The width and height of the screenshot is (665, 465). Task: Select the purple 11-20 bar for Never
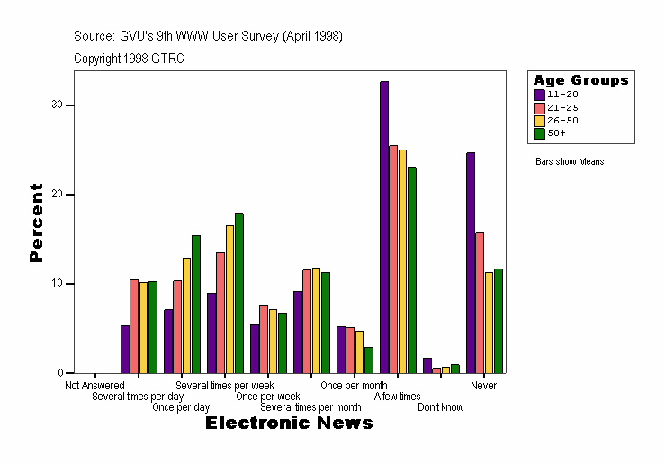pyautogui.click(x=471, y=262)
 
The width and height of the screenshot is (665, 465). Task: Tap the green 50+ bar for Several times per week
pyautogui.click(x=238, y=293)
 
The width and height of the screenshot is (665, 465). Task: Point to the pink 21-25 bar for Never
pyautogui.click(x=480, y=303)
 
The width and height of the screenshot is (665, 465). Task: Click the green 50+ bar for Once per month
pyautogui.click(x=368, y=360)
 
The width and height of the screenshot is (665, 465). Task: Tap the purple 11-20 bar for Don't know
pyautogui.click(x=427, y=365)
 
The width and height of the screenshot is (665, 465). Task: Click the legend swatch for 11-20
pyautogui.click(x=539, y=94)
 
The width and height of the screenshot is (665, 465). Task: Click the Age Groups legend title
pyautogui.click(x=580, y=80)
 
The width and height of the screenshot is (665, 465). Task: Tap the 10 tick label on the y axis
pyautogui.click(x=57, y=284)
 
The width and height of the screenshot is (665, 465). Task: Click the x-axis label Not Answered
pyautogui.click(x=94, y=386)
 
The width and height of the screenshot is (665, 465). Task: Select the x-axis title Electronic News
pyautogui.click(x=289, y=424)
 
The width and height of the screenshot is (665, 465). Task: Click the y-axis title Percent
pyautogui.click(x=36, y=223)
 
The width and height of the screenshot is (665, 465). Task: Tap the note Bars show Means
pyautogui.click(x=570, y=162)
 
